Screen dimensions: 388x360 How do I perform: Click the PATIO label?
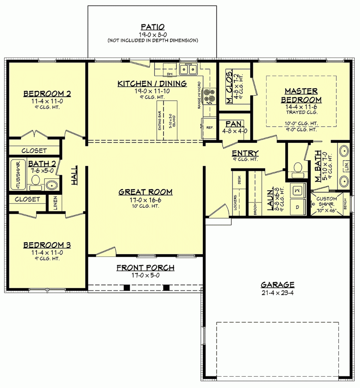click(x=152, y=27)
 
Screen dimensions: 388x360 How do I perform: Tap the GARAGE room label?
click(x=277, y=285)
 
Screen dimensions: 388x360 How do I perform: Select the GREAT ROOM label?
click(x=146, y=192)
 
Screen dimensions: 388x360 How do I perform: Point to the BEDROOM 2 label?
click(x=47, y=94)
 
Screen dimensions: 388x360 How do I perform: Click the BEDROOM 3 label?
click(x=47, y=245)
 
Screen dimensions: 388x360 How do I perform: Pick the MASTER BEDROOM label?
click(x=301, y=95)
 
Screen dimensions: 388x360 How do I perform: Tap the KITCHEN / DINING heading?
click(x=152, y=84)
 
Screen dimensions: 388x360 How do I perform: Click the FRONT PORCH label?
click(x=146, y=268)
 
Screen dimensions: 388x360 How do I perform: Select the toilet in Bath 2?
click(x=36, y=181)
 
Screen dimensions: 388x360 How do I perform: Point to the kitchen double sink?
click(x=188, y=69)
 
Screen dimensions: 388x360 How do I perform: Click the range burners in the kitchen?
click(x=209, y=96)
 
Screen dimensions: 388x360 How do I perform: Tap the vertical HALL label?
click(x=74, y=175)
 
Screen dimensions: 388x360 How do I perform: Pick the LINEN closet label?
click(x=55, y=203)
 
